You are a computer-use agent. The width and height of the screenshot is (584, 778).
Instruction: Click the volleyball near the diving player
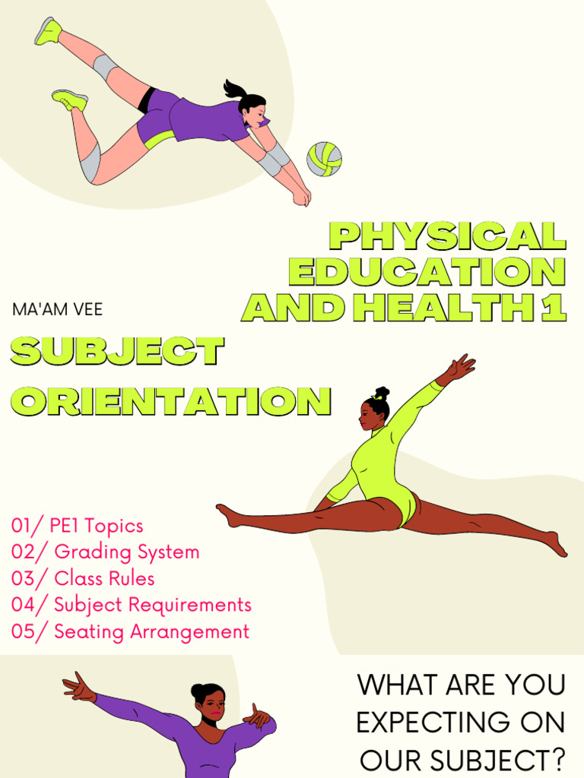pyautogui.click(x=324, y=159)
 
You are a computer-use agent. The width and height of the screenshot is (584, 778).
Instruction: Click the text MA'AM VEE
pyautogui.click(x=57, y=310)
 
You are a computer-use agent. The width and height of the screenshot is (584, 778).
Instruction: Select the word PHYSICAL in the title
pyautogui.click(x=448, y=237)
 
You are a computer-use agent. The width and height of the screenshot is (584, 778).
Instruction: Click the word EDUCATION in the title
pyautogui.click(x=427, y=272)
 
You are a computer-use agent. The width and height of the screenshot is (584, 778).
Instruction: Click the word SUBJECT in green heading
pyautogui.click(x=117, y=351)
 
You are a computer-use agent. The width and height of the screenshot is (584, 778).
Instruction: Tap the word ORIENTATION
pyautogui.click(x=171, y=400)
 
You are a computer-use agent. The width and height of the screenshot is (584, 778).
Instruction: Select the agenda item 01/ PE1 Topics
pyautogui.click(x=77, y=526)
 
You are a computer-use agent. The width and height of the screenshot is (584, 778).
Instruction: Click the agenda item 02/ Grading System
pyautogui.click(x=105, y=552)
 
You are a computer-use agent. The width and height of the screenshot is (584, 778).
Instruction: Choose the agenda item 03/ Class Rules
pyautogui.click(x=83, y=579)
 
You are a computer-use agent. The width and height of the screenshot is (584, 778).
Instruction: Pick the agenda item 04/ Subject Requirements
pyautogui.click(x=131, y=606)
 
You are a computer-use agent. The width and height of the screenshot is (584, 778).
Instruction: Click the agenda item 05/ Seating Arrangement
pyautogui.click(x=130, y=632)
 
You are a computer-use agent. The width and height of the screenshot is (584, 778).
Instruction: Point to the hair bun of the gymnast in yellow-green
pyautogui.click(x=381, y=394)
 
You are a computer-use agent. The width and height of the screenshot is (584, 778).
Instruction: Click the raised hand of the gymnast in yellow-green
pyautogui.click(x=461, y=368)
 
